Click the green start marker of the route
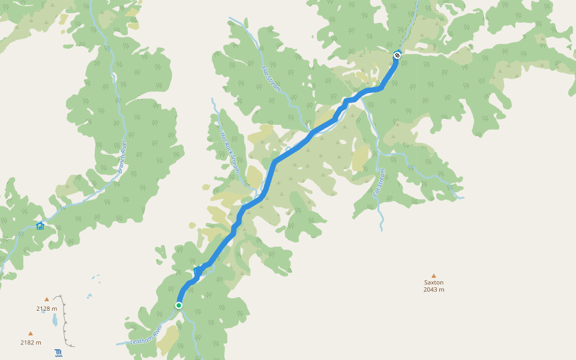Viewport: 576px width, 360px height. [x=179, y=305]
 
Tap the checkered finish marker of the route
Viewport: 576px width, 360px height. [x=397, y=56]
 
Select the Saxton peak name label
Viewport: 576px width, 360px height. [x=434, y=282]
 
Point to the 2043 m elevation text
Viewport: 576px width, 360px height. [x=434, y=290]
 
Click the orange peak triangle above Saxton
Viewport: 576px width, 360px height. [x=434, y=275]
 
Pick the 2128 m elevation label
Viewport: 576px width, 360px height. [x=47, y=309]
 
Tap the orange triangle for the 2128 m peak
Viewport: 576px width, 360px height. [x=47, y=299]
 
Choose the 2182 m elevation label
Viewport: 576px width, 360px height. [x=31, y=343]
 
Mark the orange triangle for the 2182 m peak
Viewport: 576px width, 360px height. [x=31, y=333]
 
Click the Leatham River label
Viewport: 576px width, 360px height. [x=146, y=336]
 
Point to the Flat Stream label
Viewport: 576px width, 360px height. [x=271, y=79]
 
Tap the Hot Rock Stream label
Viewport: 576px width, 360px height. [x=230, y=152]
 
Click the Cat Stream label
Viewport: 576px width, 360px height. [x=379, y=183]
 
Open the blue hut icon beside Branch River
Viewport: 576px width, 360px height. [x=40, y=226]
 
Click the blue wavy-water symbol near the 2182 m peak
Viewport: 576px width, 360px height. [x=58, y=352]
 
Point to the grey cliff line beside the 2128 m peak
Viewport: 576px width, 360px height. [x=64, y=318]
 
